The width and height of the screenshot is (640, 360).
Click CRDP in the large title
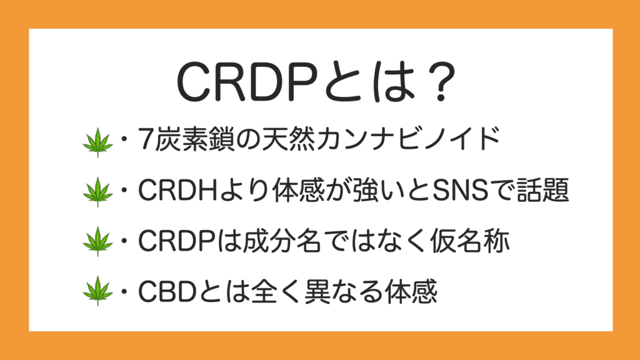247,82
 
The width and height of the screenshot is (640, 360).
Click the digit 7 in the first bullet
145,139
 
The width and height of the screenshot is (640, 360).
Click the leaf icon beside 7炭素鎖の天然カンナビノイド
97,142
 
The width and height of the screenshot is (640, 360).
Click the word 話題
543,190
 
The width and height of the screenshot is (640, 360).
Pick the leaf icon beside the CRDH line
97,192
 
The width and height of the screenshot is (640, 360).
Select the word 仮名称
470,241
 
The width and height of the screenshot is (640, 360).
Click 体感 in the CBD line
411,291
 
